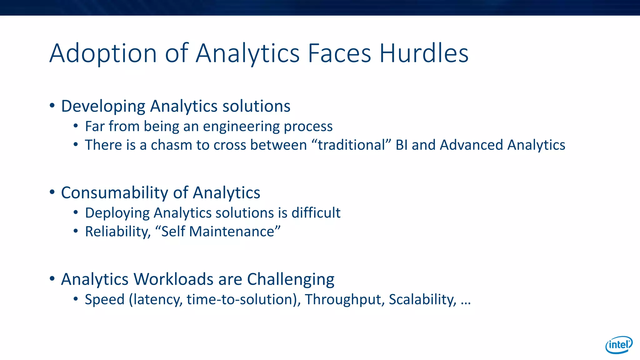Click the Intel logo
pyautogui.click(x=619, y=345)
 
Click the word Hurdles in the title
pyautogui.click(x=424, y=53)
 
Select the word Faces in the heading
pyautogui.click(x=339, y=53)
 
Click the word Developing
pyautogui.click(x=103, y=106)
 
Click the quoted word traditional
pyautogui.click(x=352, y=145)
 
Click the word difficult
pyautogui.click(x=316, y=213)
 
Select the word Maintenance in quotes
pyautogui.click(x=232, y=232)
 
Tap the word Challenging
pyautogui.click(x=291, y=280)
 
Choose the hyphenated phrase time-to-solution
pyautogui.click(x=242, y=299)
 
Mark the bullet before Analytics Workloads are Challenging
pyautogui.click(x=52, y=278)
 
